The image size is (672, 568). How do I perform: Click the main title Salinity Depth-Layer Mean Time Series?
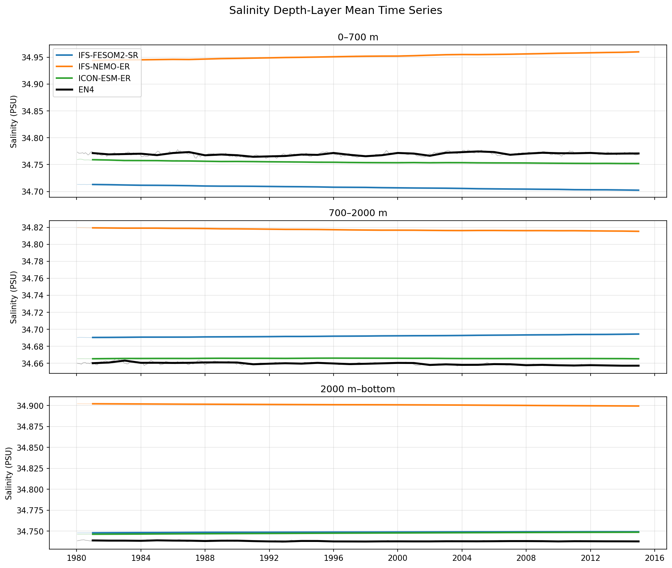[335, 11]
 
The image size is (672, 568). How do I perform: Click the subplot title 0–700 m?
[358, 37]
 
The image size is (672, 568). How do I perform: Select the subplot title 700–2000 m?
[358, 213]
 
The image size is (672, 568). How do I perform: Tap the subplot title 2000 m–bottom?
[358, 389]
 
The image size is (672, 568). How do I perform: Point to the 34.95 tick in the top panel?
[34, 58]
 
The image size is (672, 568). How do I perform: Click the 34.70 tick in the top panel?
[34, 192]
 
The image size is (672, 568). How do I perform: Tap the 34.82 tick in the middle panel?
[34, 228]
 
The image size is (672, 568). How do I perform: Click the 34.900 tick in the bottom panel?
[31, 406]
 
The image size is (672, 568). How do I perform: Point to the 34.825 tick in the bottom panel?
[31, 469]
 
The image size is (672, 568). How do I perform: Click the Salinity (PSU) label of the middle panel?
[14, 297]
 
